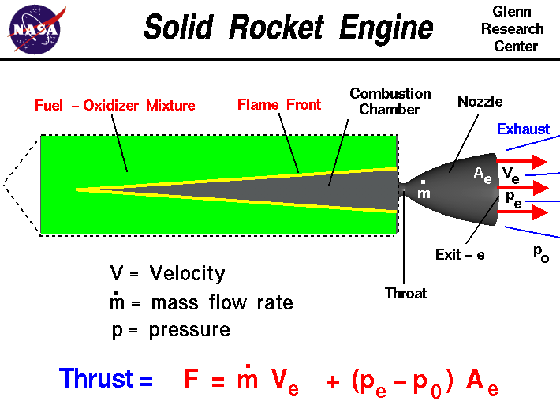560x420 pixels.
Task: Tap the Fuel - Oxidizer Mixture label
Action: tap(115, 105)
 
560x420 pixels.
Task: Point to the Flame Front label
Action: tap(280, 105)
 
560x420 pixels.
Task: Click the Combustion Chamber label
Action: tap(390, 101)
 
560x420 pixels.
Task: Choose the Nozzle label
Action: tap(480, 101)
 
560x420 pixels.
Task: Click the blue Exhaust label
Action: tap(523, 129)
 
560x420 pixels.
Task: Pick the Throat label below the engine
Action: tap(405, 293)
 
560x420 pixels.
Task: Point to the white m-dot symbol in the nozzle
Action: tap(424, 192)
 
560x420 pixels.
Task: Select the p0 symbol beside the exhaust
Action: tap(540, 253)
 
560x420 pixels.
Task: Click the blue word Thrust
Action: tap(106, 378)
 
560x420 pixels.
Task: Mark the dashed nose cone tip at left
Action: tap(5, 184)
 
